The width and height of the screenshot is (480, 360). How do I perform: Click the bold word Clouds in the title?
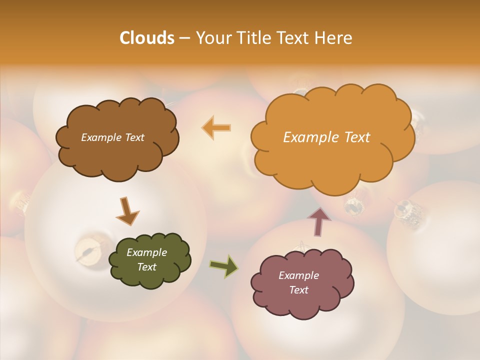point(147,38)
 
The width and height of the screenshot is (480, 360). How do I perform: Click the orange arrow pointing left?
point(216,127)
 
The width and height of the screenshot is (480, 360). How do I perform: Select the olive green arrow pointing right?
point(223,266)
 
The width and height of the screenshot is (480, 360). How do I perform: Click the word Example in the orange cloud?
point(308,137)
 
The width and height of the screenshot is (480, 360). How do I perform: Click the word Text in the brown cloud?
point(134,137)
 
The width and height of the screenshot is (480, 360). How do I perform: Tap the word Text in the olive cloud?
point(147,267)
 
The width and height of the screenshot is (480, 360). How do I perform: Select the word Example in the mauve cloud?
point(298,275)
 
